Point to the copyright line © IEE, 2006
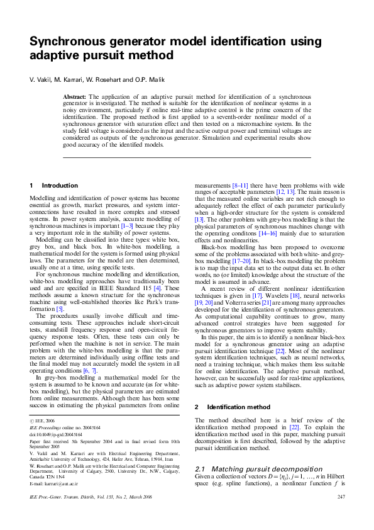click(x=43, y=419)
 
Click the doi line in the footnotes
click(x=56, y=434)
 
